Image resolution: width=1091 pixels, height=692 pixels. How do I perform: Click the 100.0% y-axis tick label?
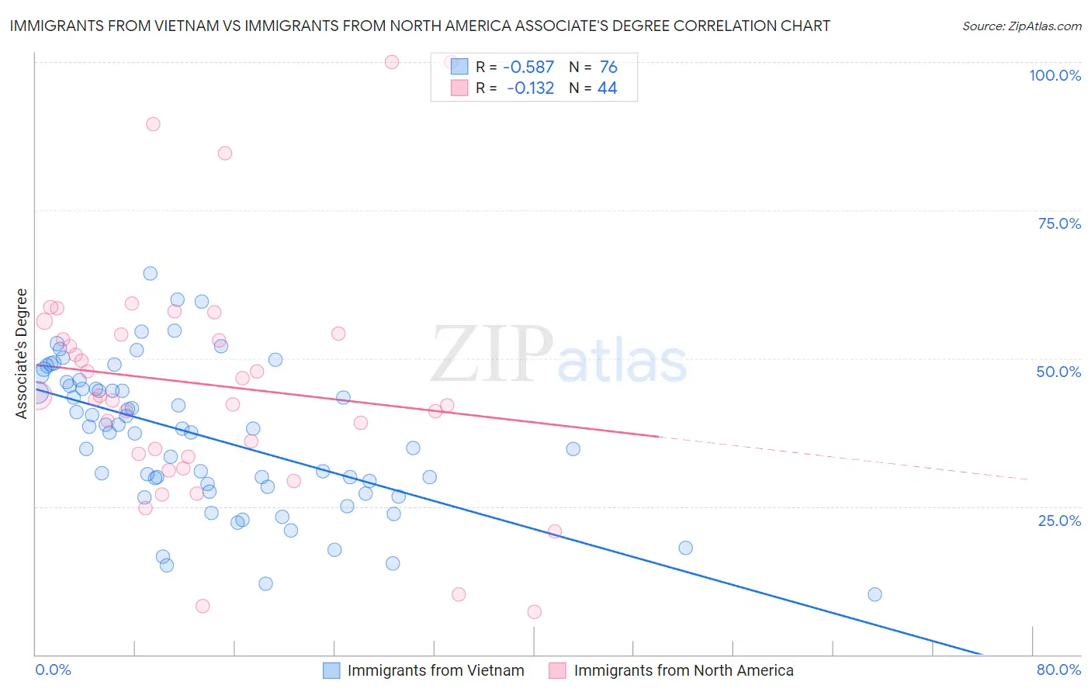pos(1055,75)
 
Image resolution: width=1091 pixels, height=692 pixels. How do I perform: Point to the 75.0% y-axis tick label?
pos(1059,223)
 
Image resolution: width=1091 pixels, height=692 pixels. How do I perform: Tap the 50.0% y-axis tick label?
pos(1058,372)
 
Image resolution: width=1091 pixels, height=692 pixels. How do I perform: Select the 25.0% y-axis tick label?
pos(1059,520)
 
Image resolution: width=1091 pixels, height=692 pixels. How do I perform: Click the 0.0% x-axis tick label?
pos(53,670)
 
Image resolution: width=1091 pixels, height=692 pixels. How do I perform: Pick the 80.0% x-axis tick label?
pos(1058,670)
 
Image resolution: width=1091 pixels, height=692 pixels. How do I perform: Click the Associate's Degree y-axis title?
pos(22,353)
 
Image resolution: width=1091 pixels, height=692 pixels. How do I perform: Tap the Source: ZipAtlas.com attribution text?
pos(1021,26)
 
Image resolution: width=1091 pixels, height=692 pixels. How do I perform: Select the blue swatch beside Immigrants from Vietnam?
pos(331,670)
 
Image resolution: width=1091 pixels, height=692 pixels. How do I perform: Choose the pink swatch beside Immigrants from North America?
pos(557,670)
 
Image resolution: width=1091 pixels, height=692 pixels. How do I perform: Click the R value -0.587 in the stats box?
pos(528,67)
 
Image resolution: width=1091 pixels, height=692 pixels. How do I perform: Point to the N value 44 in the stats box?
pos(607,88)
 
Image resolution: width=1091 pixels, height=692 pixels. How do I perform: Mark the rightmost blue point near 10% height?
pos(875,594)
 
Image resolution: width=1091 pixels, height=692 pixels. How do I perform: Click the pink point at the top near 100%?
pos(392,62)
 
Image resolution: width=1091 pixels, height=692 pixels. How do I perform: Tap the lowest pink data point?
pos(534,612)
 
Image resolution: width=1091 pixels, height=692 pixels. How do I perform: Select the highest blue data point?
pos(151,273)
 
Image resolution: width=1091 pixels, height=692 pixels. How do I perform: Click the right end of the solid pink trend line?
pos(659,437)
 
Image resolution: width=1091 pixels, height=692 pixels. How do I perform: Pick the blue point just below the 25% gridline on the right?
pos(685,548)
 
